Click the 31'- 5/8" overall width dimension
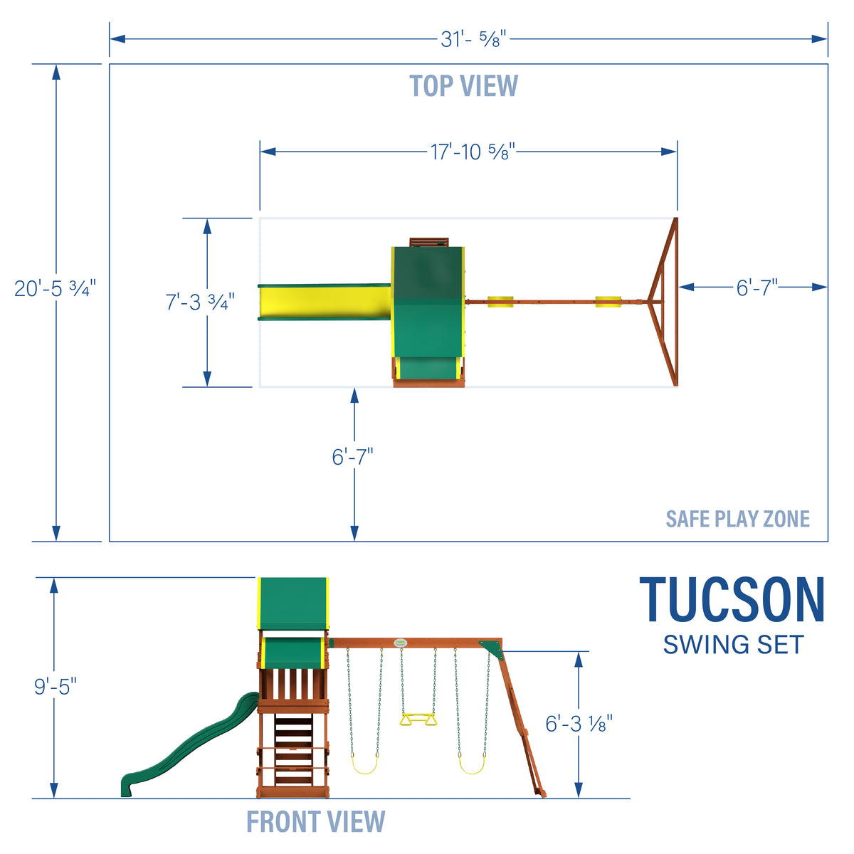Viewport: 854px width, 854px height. tap(473, 39)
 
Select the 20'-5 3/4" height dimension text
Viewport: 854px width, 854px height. tap(55, 289)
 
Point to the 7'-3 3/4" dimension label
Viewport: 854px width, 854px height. tap(199, 302)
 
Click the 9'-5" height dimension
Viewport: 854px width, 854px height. tap(56, 687)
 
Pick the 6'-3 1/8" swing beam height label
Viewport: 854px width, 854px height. tap(579, 724)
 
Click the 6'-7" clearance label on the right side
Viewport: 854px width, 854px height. tap(757, 288)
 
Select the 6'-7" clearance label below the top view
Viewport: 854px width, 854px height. tap(353, 456)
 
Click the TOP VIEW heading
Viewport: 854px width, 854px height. tap(463, 86)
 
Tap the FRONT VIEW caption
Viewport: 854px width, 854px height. tap(315, 822)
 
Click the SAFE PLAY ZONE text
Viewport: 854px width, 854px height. tap(737, 519)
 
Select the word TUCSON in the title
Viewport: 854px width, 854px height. tap(732, 601)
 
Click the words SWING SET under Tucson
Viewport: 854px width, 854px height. tap(732, 645)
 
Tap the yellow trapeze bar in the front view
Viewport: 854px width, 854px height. tap(418, 720)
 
